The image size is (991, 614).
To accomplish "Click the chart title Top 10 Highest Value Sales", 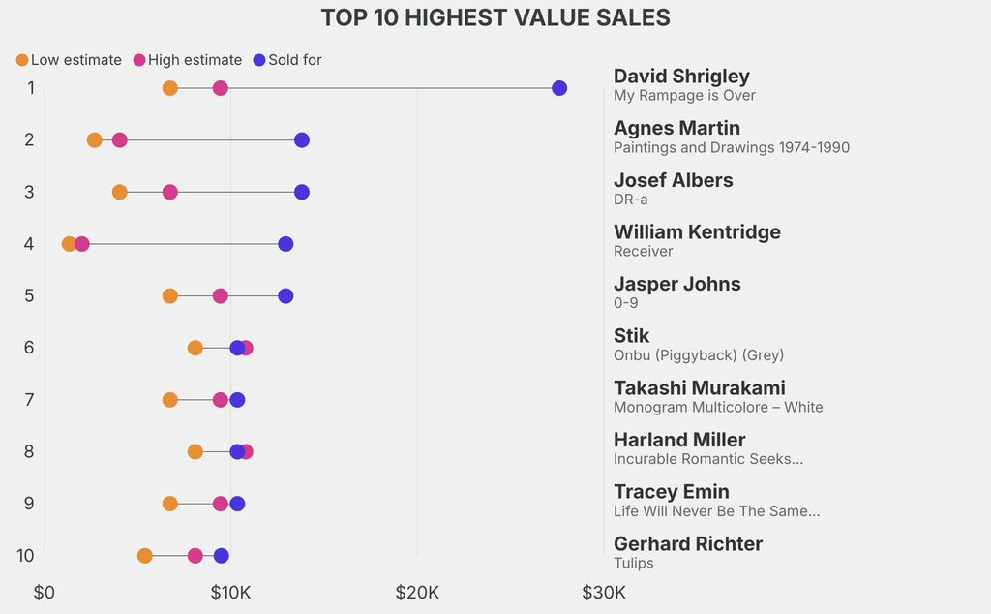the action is pos(495,17).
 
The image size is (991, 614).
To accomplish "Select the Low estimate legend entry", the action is pos(69,60).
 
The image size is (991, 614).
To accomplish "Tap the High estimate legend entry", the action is pos(188,60).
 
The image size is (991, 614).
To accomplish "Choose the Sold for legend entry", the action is pos(287,60).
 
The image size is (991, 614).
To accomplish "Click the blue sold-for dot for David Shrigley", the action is pos(559,88).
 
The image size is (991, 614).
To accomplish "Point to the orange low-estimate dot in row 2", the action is pos(94,139).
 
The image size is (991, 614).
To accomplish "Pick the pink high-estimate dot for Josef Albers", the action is pos(170,192).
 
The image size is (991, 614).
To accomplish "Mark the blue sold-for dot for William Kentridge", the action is pos(285,244).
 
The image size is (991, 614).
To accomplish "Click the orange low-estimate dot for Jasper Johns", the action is pos(170,296).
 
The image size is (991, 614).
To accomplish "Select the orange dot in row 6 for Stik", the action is pos(195,348).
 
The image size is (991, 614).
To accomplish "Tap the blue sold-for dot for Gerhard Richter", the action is pos(222,556).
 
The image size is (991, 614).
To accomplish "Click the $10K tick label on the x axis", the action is pos(230,593).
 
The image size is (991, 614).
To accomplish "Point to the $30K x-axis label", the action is pos(604,593).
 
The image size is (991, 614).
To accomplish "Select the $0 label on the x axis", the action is pos(45,593).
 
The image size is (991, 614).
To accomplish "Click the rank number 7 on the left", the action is pos(29,400).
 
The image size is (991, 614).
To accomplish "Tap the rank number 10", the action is pos(25,556).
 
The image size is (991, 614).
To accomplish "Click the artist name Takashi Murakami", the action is pos(700,387).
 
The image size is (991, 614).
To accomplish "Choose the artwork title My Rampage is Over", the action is pos(684,96).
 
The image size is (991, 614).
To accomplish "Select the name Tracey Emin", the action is pos(672,491).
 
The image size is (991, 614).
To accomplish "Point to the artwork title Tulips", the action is pos(634,563).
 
